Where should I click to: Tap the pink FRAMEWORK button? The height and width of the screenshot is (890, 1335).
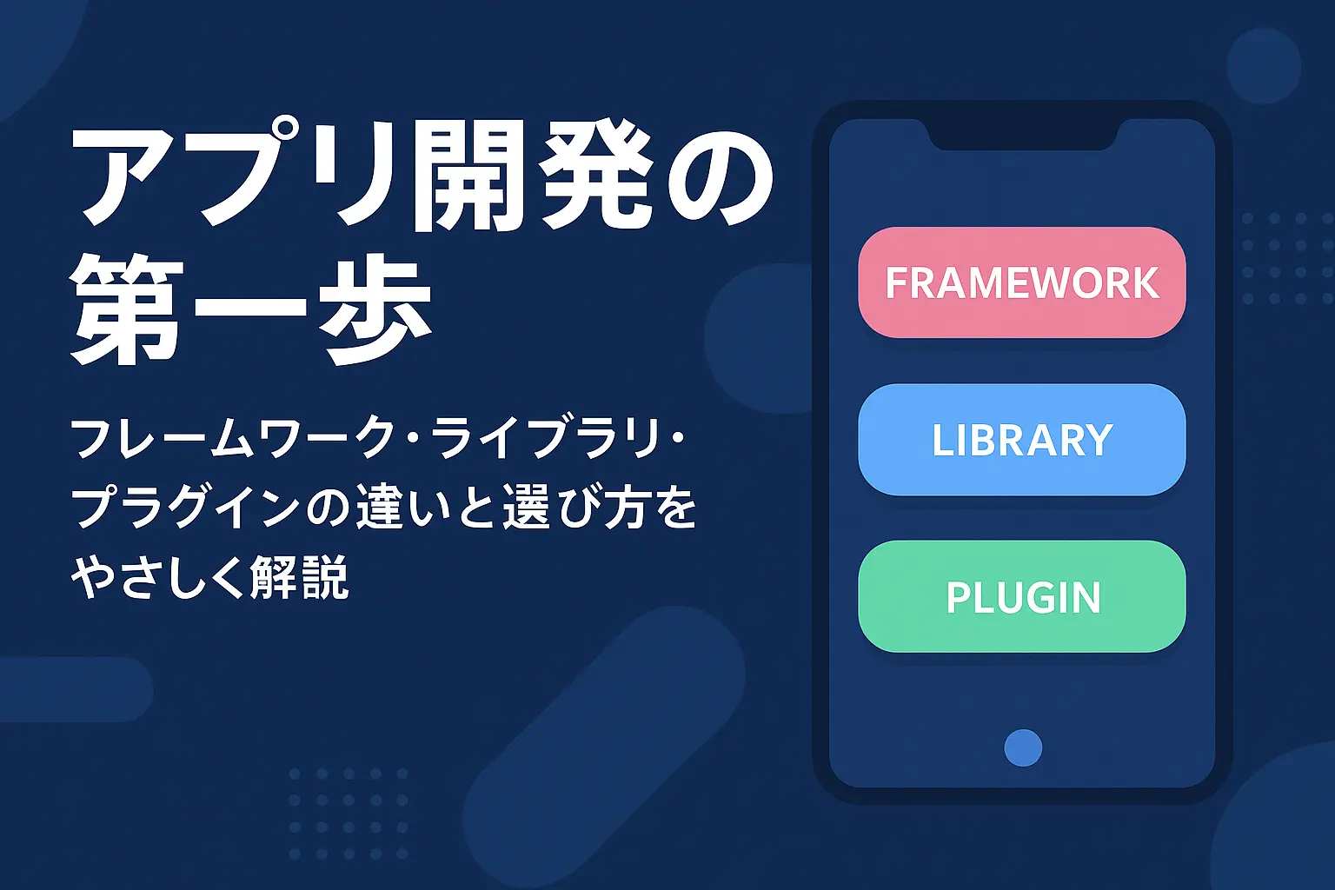pyautogui.click(x=1021, y=282)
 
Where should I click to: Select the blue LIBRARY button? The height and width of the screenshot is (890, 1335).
pyautogui.click(x=1021, y=440)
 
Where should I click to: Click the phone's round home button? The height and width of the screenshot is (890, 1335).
pyautogui.click(x=1023, y=747)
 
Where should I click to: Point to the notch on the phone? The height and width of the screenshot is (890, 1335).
pyautogui.click(x=1021, y=135)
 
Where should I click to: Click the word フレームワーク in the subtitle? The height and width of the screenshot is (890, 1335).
pyautogui.click(x=233, y=439)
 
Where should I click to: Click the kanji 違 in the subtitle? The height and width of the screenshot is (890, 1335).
pyautogui.click(x=380, y=508)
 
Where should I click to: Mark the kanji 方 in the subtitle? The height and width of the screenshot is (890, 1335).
pyautogui.click(x=625, y=508)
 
